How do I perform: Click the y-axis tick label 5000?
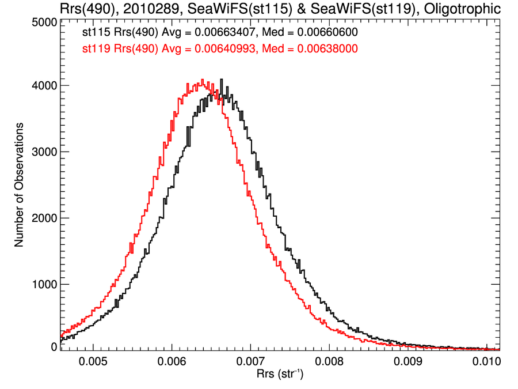click(44, 22)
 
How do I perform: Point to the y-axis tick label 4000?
click(44, 86)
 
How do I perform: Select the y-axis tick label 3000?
click(44, 152)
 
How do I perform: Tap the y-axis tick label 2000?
click(44, 218)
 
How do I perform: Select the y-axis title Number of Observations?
click(19, 184)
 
